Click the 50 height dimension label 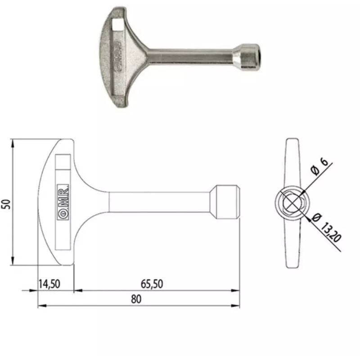[x=7, y=204]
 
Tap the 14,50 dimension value [x=49, y=284]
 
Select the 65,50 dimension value [x=152, y=284]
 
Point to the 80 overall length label [x=136, y=299]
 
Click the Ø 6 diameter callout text [x=319, y=166]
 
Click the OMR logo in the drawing [x=63, y=202]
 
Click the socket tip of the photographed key [x=248, y=56]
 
